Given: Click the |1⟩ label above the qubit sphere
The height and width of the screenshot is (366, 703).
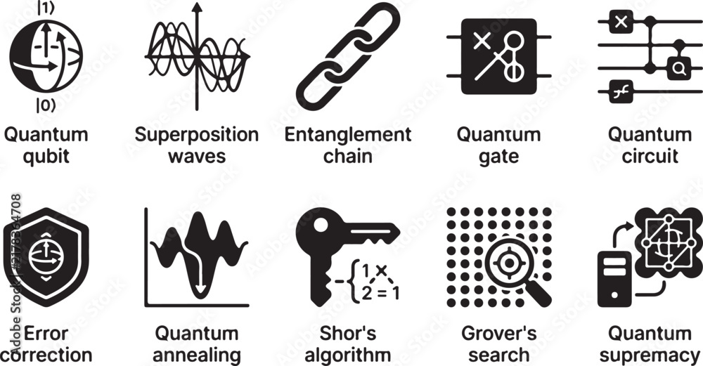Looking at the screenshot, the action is [45, 9].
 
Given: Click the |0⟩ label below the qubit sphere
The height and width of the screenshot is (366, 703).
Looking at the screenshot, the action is [46, 105].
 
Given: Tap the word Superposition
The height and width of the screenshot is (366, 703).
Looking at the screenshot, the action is [196, 136].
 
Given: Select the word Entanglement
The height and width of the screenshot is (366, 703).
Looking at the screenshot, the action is [348, 135].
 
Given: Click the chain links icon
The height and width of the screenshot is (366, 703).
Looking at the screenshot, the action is [348, 56].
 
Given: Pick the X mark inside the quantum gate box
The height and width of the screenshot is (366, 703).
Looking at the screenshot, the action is [482, 41].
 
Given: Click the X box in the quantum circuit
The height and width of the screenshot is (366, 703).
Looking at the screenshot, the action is [621, 22].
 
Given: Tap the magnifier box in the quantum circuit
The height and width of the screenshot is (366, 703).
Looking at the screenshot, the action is [678, 68].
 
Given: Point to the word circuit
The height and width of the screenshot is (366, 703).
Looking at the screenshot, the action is [650, 157].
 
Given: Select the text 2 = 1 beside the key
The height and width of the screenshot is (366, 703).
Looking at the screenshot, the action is [380, 293].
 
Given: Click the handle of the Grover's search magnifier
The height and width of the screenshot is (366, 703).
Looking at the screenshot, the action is [539, 294].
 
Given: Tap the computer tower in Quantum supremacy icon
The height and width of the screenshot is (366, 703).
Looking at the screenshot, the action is [614, 279].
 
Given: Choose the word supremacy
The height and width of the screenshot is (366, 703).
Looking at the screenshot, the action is [650, 355].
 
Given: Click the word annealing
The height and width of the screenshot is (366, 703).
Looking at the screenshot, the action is [197, 355].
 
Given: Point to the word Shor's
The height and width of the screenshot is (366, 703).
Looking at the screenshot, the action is [348, 334].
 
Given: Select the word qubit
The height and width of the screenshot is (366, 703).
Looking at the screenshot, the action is [46, 157].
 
